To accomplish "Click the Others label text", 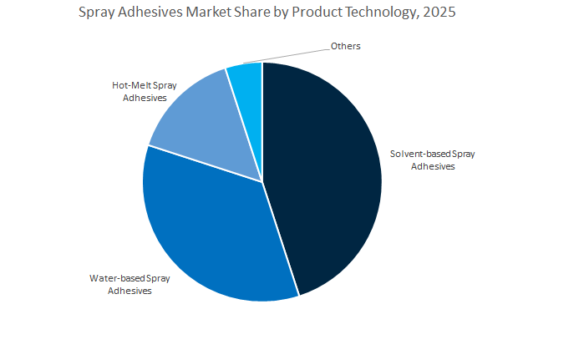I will tap(345, 46).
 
